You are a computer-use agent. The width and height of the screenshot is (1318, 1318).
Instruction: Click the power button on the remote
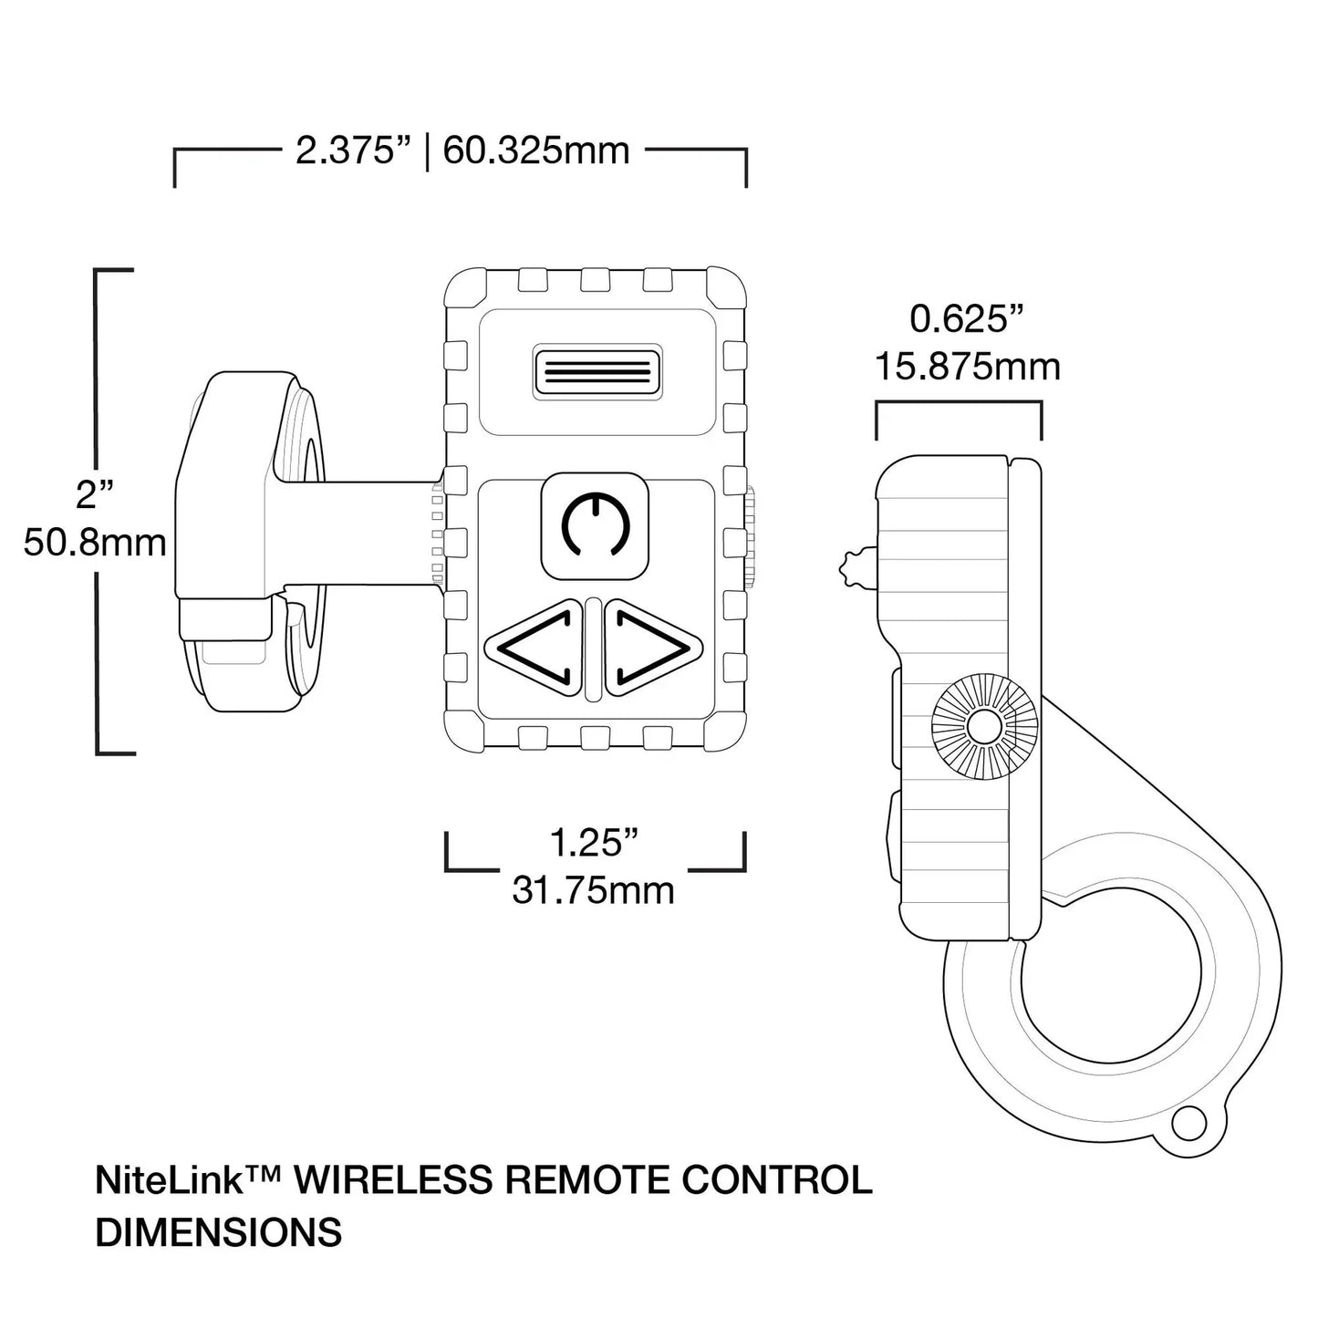595,524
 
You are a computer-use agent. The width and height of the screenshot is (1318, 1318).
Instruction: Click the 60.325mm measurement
536,150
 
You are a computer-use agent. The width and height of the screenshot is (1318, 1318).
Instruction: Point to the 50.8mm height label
95,544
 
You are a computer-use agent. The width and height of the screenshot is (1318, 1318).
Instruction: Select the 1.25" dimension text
593,844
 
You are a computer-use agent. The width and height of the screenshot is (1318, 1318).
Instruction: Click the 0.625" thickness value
967,320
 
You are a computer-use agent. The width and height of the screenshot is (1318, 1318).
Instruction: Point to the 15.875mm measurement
967,368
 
